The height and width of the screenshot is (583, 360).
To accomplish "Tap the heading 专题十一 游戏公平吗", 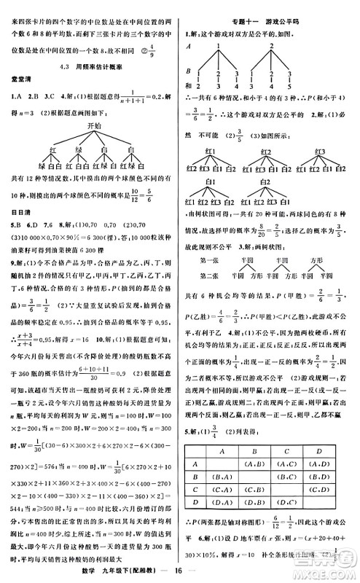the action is click(269, 9).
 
